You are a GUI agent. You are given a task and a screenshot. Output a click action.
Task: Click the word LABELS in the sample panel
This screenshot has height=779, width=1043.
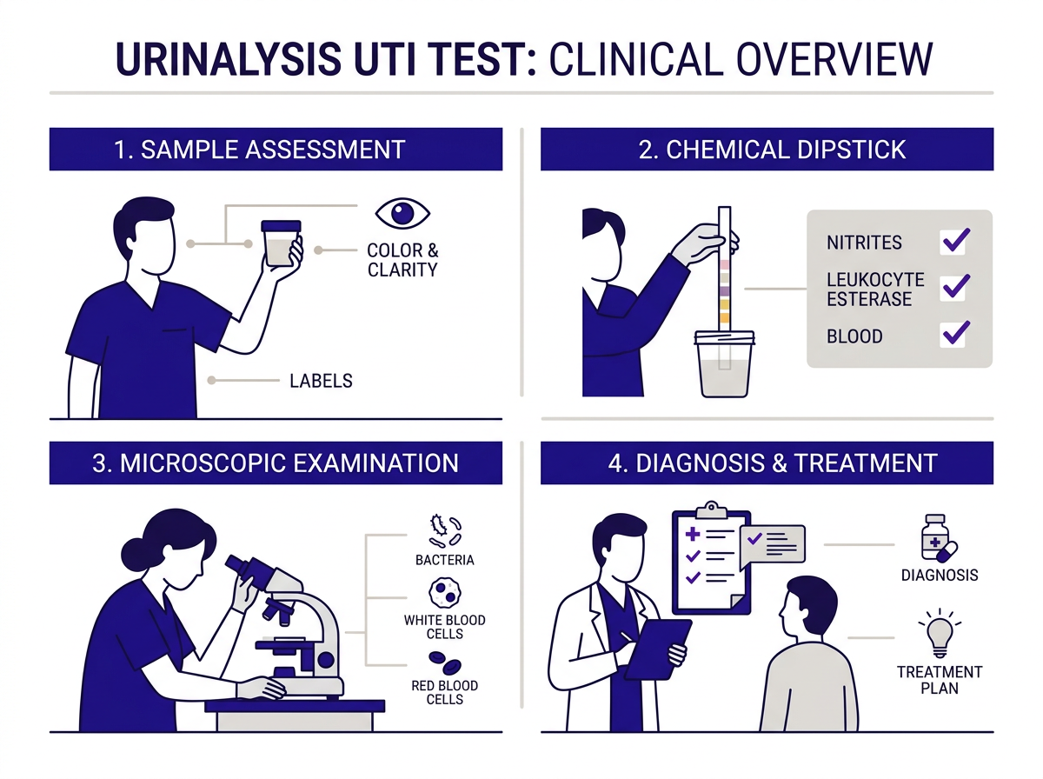[321, 381]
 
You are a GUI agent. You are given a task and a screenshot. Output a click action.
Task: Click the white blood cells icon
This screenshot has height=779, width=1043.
[445, 594]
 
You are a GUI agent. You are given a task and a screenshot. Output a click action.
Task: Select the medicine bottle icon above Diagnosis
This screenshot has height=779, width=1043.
[937, 540]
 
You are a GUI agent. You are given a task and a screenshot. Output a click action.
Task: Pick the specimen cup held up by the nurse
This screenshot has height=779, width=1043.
[281, 244]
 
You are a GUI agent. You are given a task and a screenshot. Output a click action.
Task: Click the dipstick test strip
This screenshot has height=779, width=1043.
[724, 270]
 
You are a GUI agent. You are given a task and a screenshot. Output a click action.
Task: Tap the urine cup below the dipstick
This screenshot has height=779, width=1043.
[723, 365]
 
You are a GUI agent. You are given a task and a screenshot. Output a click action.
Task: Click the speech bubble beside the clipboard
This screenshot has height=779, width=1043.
[773, 543]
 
